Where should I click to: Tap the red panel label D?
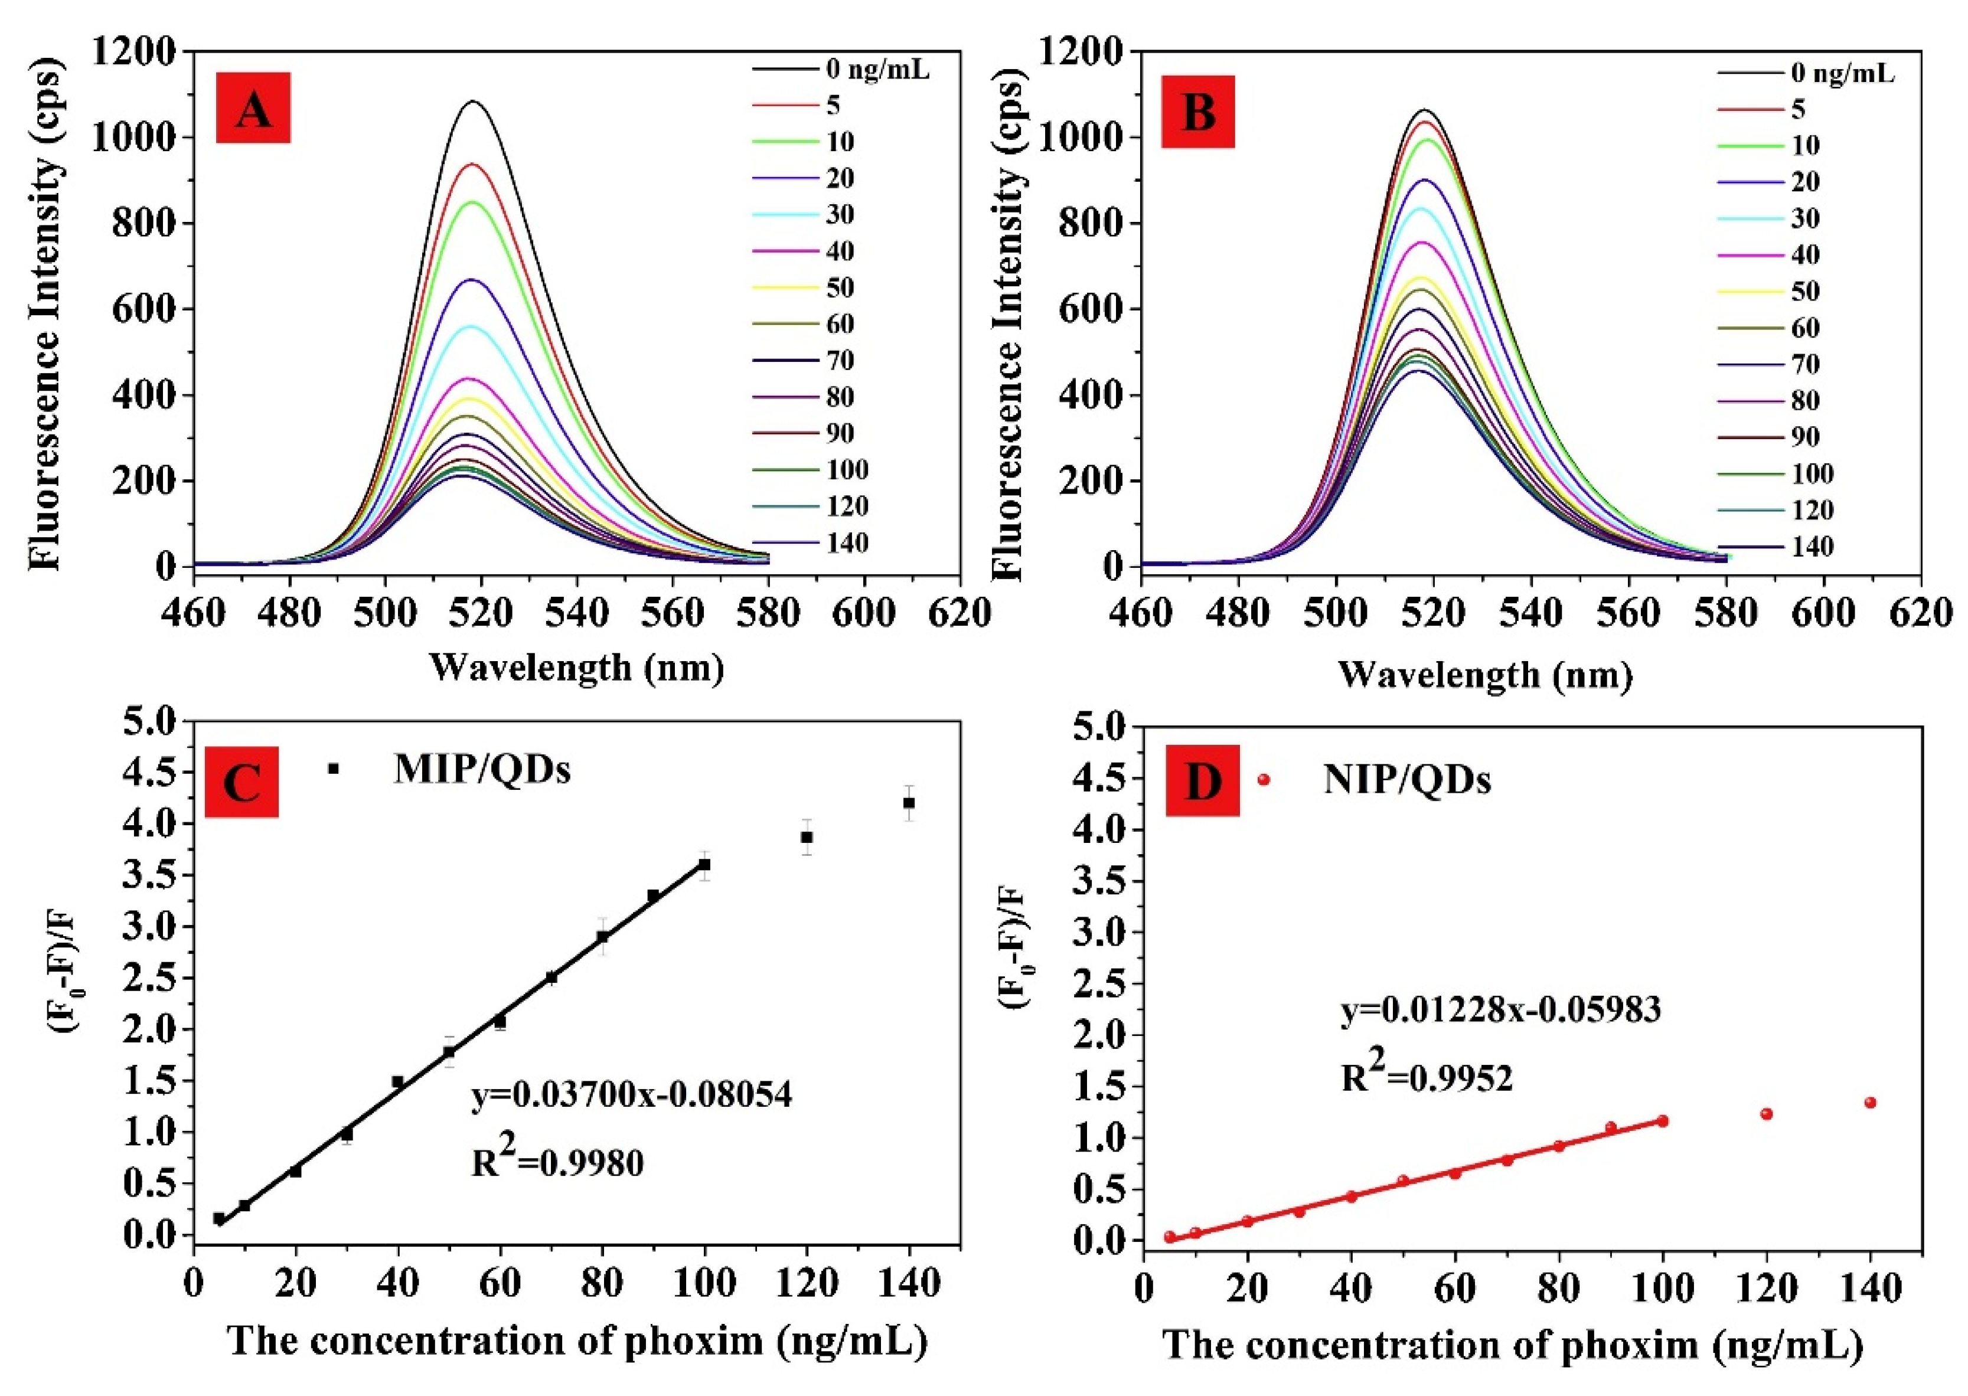click(1202, 780)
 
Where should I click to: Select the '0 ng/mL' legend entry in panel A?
click(877, 70)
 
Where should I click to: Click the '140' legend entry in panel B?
click(1812, 547)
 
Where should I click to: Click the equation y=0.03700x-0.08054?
click(632, 1095)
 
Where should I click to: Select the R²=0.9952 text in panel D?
click(1427, 1075)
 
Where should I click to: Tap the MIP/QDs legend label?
click(481, 769)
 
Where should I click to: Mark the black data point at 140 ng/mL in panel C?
click(909, 803)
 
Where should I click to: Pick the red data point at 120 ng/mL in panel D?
click(1767, 1114)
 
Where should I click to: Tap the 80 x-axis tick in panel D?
click(1557, 1289)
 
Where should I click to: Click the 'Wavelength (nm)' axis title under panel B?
click(1485, 675)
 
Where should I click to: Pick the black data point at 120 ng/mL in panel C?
click(807, 837)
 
